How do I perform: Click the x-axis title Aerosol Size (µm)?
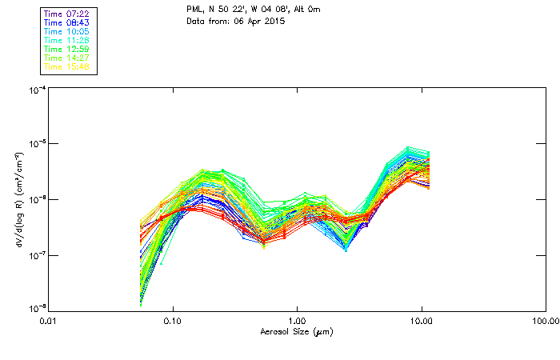[296, 331]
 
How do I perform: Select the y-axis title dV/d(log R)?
[18, 199]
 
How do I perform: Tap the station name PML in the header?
[194, 9]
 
